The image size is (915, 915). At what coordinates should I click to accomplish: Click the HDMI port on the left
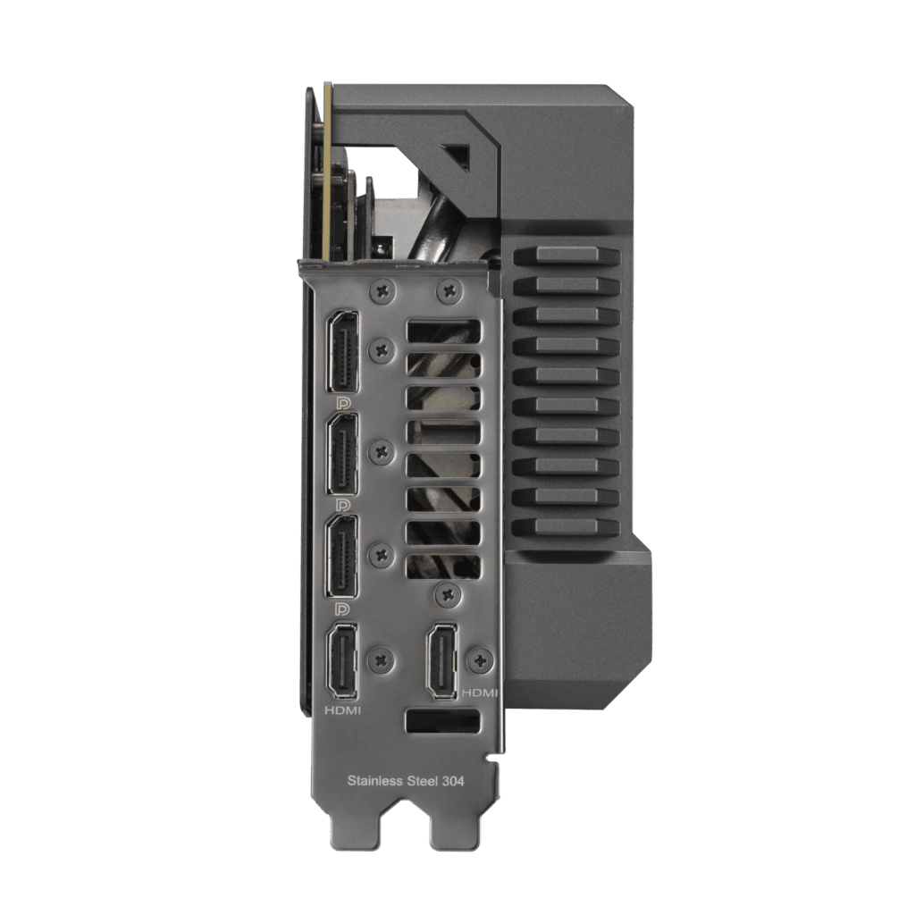pos(342,660)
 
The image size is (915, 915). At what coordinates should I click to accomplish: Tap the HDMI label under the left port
pos(342,710)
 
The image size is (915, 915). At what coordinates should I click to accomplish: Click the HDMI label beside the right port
pos(479,693)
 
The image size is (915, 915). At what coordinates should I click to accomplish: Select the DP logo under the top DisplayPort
pos(342,403)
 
